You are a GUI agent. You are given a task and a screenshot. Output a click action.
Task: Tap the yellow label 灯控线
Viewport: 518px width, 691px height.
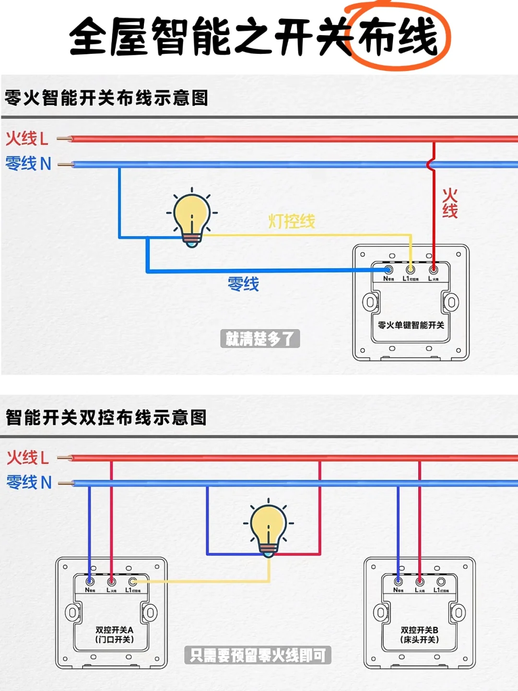291,221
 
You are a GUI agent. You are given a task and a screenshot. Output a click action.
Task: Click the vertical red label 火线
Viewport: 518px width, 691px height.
449,203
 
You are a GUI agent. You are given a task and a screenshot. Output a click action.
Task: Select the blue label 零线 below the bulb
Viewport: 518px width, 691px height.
243,284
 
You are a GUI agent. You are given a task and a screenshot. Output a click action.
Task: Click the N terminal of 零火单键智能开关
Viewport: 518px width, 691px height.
388,270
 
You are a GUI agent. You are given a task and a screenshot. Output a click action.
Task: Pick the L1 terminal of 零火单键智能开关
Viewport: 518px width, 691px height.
411,270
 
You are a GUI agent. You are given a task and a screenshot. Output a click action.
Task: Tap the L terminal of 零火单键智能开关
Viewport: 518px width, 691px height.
433,270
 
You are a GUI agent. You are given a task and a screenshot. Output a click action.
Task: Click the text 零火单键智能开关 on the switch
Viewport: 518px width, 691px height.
411,325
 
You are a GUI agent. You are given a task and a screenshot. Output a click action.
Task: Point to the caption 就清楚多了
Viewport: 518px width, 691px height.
259,339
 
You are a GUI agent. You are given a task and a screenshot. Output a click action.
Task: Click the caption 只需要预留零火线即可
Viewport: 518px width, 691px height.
258,655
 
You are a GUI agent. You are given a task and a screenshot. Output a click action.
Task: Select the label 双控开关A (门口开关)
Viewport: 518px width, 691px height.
114,634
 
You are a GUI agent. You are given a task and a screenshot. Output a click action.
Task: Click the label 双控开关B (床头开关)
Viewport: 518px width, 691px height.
419,634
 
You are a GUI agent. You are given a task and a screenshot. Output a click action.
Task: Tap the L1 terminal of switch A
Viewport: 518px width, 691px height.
133,582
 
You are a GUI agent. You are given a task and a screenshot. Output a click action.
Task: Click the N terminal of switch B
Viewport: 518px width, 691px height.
398,582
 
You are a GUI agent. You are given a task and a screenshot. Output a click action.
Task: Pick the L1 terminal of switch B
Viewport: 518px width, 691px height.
441,582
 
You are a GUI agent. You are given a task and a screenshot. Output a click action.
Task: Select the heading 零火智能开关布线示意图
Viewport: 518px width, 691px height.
106,98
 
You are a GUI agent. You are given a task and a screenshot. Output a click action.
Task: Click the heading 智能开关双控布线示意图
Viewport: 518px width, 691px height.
106,417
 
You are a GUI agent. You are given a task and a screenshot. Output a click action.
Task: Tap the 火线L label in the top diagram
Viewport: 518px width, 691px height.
27,139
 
